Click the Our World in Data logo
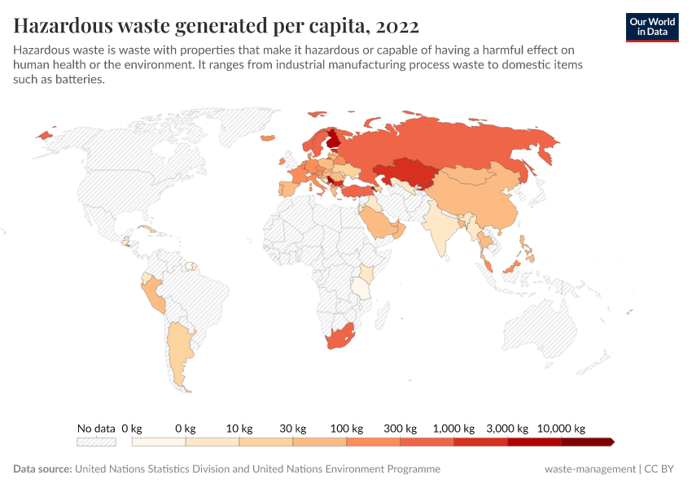click(x=652, y=26)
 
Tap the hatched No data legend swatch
click(x=96, y=442)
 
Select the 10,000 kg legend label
click(x=561, y=429)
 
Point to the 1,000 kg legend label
click(x=453, y=429)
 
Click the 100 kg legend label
click(x=346, y=429)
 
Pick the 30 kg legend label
click(x=292, y=429)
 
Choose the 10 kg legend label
click(x=239, y=429)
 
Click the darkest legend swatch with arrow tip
click(x=587, y=442)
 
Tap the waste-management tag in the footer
click(x=590, y=469)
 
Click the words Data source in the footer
click(x=42, y=469)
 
